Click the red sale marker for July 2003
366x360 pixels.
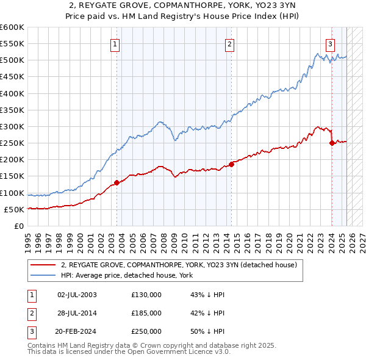[117, 182]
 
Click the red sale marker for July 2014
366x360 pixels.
[232, 164]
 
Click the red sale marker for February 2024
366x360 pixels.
[332, 143]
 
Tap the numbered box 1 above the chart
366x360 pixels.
[115, 43]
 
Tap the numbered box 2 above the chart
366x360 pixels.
[229, 43]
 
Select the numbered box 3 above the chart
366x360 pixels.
[330, 43]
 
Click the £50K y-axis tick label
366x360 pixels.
[14, 209]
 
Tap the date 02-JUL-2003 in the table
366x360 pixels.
[77, 295]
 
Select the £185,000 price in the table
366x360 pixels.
[146, 313]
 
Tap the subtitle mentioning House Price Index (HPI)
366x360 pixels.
[182, 16]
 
